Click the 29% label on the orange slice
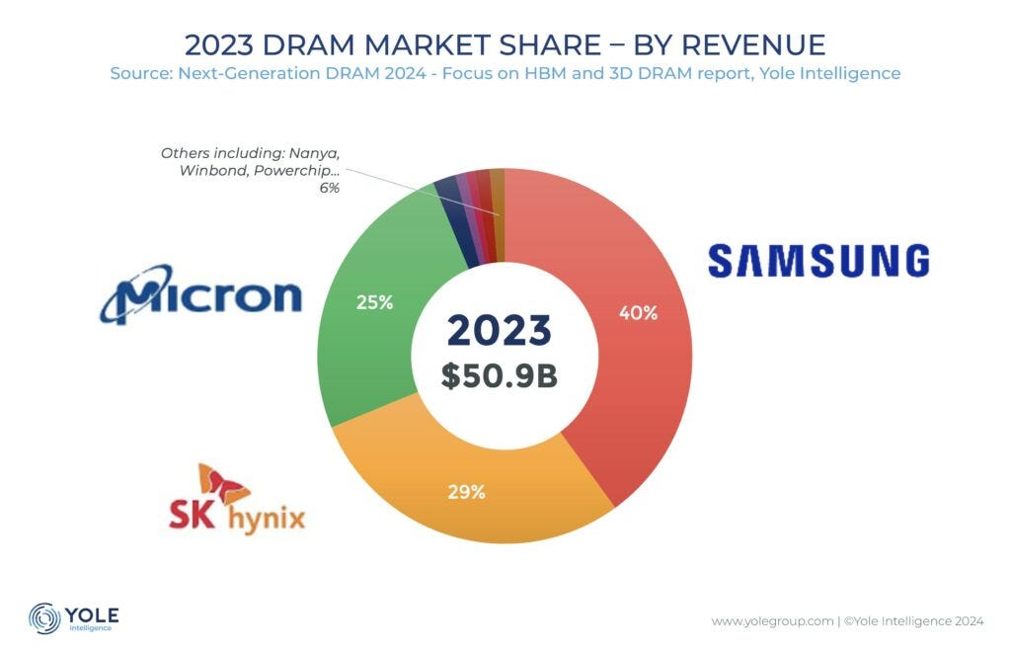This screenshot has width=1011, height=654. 465,491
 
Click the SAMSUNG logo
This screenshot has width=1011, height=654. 818,261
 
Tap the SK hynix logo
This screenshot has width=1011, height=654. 237,498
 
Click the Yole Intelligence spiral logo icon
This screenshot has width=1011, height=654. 45,617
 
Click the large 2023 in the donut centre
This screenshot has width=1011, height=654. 499,331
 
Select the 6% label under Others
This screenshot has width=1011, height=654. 329,188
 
